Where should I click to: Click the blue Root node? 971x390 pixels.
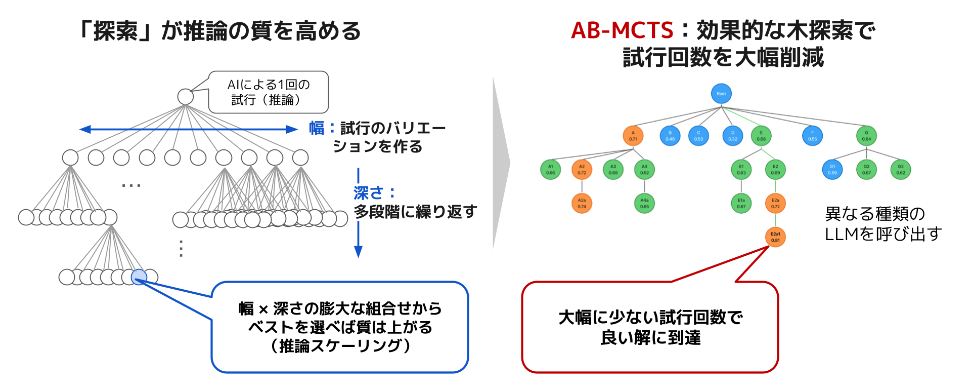[721, 94]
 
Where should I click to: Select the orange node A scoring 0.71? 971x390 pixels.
[633, 136]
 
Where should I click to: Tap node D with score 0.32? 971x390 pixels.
[732, 136]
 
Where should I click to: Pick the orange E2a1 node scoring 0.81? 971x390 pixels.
[775, 237]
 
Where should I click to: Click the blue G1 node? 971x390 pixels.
[832, 170]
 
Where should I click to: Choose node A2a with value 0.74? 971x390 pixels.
[582, 204]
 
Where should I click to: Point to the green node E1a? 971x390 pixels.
[741, 204]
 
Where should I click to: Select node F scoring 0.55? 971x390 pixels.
[812, 136]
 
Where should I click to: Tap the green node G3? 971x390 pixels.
[901, 170]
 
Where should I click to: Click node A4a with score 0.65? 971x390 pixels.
[644, 204]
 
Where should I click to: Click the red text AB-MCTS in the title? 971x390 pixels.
[622, 30]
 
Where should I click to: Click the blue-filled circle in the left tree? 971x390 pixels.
[139, 277]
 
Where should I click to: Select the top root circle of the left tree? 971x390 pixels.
[186, 97]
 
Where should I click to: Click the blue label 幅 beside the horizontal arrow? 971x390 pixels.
[317, 128]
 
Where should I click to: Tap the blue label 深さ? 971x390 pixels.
[368, 193]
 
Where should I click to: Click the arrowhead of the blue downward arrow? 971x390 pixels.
[359, 252]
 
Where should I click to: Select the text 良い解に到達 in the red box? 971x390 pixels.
[650, 337]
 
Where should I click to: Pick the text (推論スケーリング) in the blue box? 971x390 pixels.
[340, 346]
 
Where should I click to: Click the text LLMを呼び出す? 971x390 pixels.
[883, 234]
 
